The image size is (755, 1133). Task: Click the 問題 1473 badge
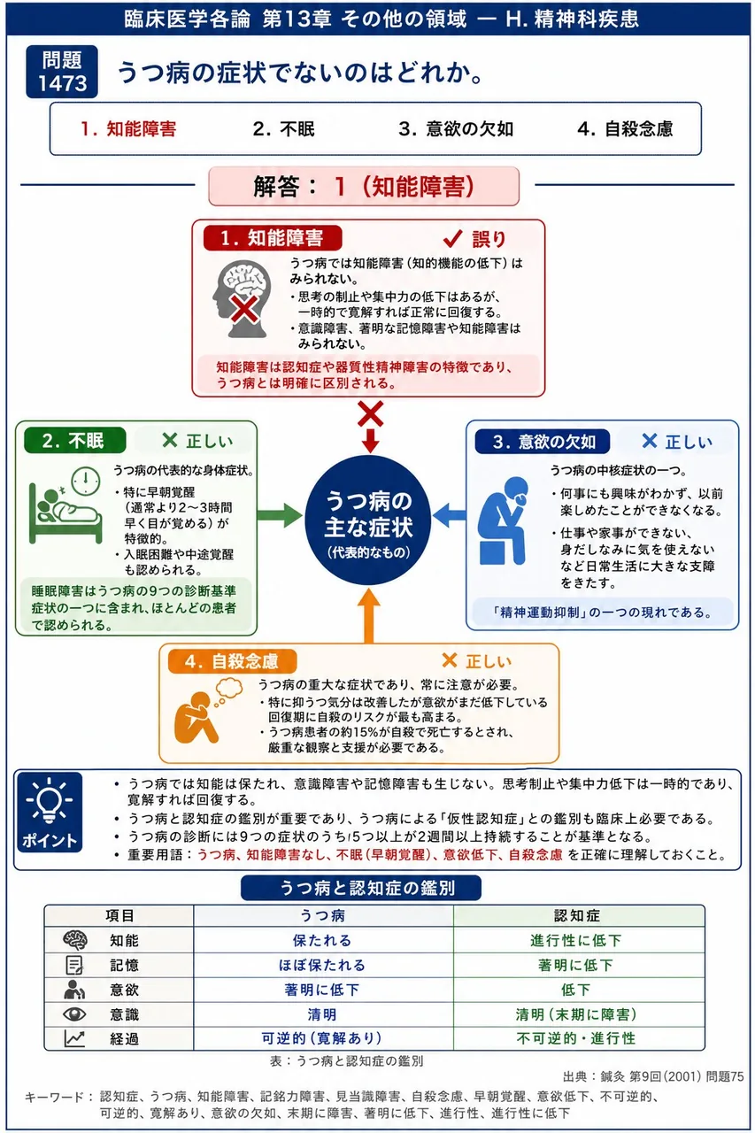click(x=62, y=72)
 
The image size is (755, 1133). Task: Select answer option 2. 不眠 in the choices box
click(x=284, y=129)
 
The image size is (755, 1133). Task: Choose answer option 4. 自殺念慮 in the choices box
click(x=625, y=129)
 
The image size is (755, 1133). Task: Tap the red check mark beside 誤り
click(x=452, y=238)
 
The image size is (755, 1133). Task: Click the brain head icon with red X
click(x=242, y=298)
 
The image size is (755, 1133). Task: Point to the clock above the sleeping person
click(x=86, y=481)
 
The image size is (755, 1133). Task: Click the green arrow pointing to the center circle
click(x=280, y=515)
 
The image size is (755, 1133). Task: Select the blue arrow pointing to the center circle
click(x=450, y=515)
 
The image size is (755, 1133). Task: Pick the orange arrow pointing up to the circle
click(x=369, y=615)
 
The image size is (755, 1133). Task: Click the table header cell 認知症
click(x=577, y=915)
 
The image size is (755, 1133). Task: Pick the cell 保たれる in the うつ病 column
click(x=322, y=940)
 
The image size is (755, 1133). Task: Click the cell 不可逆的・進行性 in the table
click(x=576, y=1038)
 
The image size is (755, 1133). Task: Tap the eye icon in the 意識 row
click(x=74, y=1014)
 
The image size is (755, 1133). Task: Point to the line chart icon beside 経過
click(x=74, y=1038)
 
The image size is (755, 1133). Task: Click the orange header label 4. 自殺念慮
click(x=232, y=661)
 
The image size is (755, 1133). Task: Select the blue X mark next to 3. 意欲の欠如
click(x=650, y=441)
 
